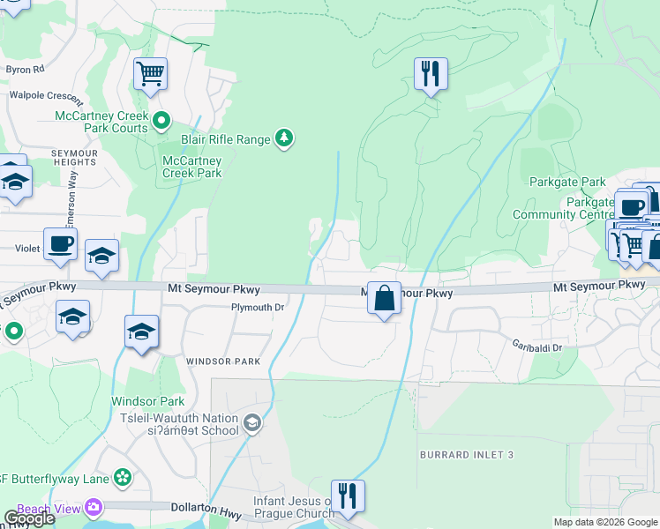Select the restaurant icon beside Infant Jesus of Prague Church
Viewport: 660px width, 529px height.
point(348,496)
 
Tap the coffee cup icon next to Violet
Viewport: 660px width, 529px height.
point(60,244)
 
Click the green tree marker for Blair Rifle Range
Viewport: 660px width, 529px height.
point(284,138)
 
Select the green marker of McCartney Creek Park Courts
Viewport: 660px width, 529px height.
point(161,120)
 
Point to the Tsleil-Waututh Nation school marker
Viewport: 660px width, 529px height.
point(253,424)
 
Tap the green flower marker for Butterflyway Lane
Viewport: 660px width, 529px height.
point(123,478)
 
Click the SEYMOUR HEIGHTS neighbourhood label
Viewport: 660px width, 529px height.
point(73,158)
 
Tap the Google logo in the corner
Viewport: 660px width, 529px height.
point(29,518)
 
